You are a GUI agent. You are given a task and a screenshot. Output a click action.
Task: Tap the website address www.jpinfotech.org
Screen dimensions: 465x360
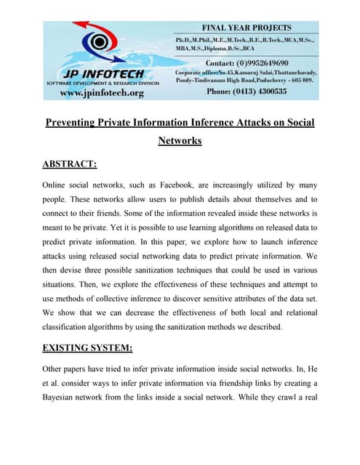point(101,93)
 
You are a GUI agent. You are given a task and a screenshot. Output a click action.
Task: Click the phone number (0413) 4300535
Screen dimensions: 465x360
point(257,92)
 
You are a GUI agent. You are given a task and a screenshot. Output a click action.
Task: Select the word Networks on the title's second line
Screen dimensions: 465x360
point(180,141)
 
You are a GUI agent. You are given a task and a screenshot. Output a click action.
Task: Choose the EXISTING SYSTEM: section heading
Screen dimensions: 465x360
point(87,348)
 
